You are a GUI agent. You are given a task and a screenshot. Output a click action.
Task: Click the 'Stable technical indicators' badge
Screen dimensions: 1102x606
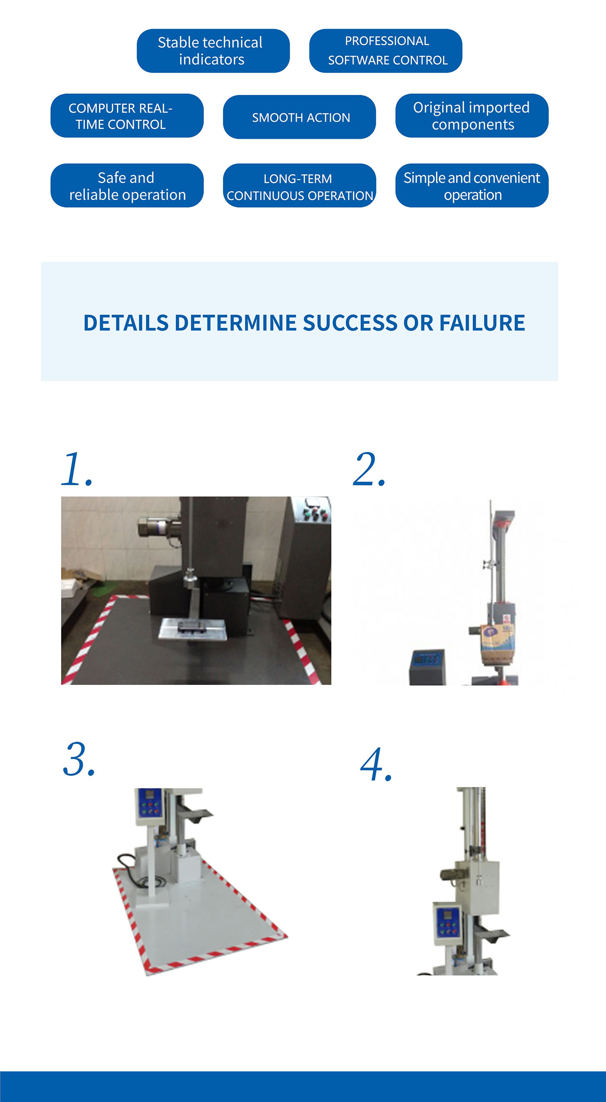pyautogui.click(x=213, y=51)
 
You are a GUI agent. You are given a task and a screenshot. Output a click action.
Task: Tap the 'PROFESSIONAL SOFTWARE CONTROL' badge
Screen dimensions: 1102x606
pyautogui.click(x=385, y=51)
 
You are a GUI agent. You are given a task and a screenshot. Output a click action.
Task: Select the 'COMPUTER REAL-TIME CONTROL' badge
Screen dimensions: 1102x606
pyautogui.click(x=127, y=116)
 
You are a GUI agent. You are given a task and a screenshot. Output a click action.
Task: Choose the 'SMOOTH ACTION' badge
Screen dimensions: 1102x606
pyautogui.click(x=299, y=117)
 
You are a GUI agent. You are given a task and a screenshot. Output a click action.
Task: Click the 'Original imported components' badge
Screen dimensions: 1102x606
pyautogui.click(x=471, y=116)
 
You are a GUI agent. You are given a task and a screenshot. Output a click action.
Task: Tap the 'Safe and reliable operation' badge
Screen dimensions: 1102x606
pyautogui.click(x=127, y=186)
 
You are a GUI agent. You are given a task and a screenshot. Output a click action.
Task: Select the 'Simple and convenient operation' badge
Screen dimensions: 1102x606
pyautogui.click(x=471, y=186)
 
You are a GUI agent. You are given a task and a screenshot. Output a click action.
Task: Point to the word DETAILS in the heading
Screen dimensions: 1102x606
pyautogui.click(x=126, y=323)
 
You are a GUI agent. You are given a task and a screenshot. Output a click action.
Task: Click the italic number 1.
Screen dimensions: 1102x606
pyautogui.click(x=77, y=470)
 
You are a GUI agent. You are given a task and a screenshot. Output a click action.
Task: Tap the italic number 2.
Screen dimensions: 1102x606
pyautogui.click(x=369, y=470)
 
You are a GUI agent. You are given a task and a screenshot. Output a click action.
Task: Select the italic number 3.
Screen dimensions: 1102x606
pyautogui.click(x=79, y=760)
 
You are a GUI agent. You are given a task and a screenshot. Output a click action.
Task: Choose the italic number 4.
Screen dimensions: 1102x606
pyautogui.click(x=376, y=765)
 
